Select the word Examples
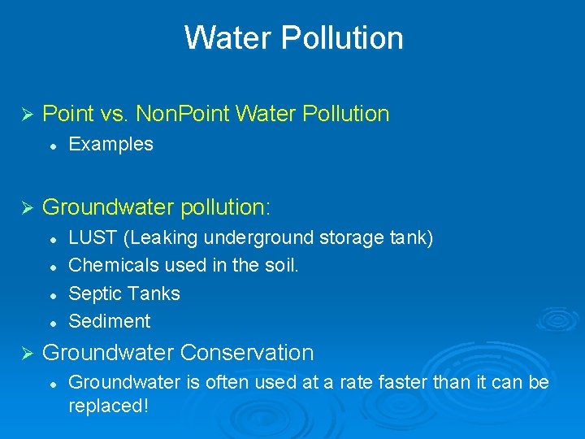pyautogui.click(x=111, y=145)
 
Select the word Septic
pyautogui.click(x=93, y=293)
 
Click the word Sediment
pyautogui.click(x=110, y=321)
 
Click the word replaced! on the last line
pyautogui.click(x=108, y=406)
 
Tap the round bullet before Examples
pyautogui.click(x=51, y=146)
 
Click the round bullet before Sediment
pyautogui.click(x=51, y=322)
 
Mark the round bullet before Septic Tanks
pyautogui.click(x=51, y=294)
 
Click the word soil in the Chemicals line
pyautogui.click(x=281, y=266)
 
